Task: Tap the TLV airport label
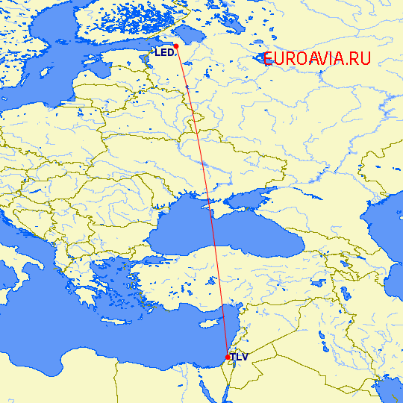239,357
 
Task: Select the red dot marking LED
176,46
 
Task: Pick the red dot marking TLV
228,357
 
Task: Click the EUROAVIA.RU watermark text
316,59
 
